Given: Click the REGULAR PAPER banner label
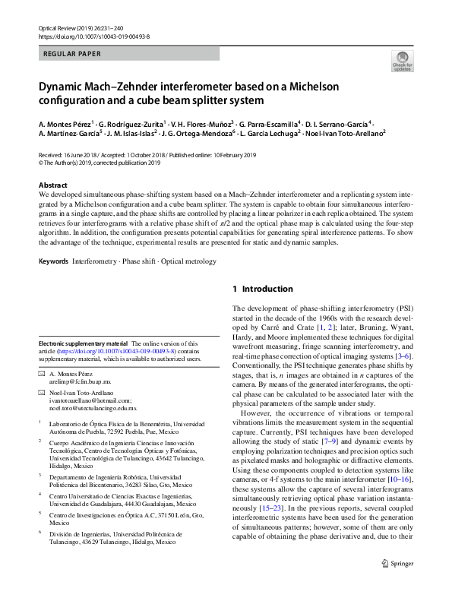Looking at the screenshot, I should [73, 55].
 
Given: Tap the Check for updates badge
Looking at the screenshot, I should [400, 60].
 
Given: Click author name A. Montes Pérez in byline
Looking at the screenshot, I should [65, 123].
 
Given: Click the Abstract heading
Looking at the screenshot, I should [57, 185].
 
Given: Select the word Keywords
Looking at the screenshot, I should [52, 261].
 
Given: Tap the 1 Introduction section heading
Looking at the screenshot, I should [262, 289].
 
